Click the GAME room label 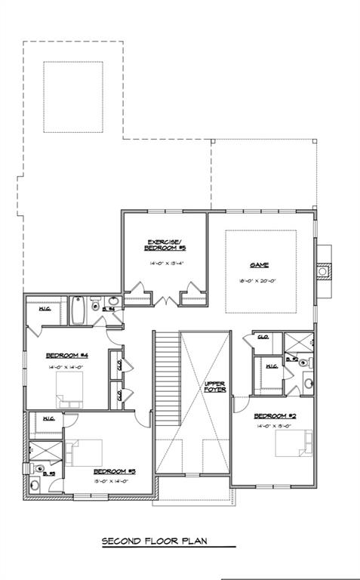pos(260,265)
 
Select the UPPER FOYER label pos(215,387)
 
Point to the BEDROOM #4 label pos(68,355)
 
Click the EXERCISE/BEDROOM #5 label pos(165,245)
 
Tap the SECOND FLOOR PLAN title pos(154,541)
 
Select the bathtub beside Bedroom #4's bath pos(78,310)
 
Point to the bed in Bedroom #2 pos(293,443)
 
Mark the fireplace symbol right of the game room pos(323,270)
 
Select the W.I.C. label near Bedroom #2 pos(271,367)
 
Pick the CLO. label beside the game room pos(264,337)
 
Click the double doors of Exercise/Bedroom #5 pos(165,301)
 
